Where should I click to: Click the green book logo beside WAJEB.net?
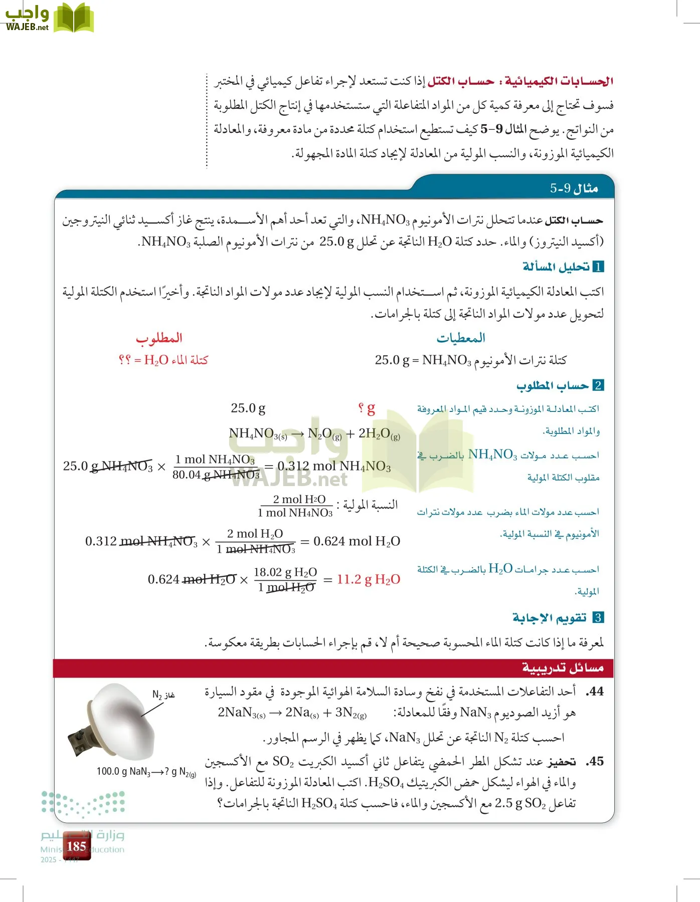[73, 18]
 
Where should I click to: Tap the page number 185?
[76, 846]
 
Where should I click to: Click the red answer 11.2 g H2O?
[368, 580]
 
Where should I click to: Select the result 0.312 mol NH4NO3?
[334, 467]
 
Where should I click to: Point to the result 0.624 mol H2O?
[357, 541]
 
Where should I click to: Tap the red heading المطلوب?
[159, 338]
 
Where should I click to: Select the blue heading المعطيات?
[461, 338]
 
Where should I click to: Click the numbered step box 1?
[598, 267]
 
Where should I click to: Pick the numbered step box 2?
[598, 385]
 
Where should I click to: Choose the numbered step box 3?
[598, 617]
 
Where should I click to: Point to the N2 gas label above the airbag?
[163, 695]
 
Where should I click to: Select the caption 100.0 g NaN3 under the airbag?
[146, 772]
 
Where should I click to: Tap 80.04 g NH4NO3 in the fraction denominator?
[216, 475]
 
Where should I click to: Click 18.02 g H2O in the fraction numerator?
[285, 572]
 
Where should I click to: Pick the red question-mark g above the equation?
[367, 408]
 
